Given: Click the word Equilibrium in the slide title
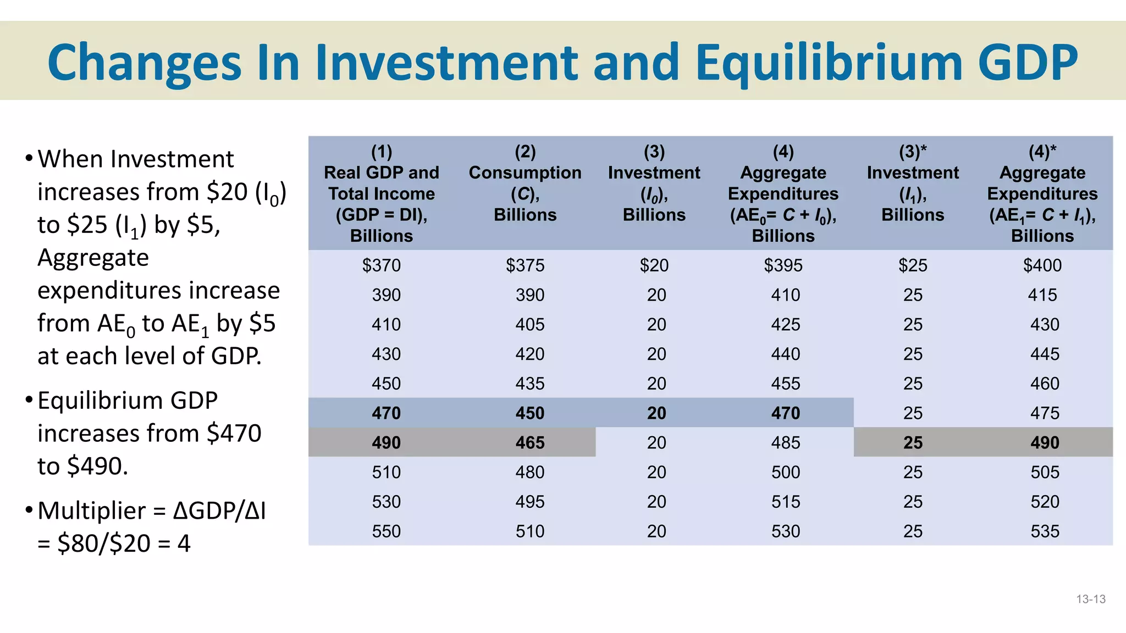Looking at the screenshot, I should coord(829,63).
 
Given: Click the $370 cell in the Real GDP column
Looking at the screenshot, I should coord(381,265).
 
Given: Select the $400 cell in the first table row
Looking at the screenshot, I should coord(1042,265).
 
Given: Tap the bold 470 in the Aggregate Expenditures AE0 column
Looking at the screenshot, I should coord(785,413).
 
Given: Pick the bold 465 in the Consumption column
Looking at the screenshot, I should coord(529,443).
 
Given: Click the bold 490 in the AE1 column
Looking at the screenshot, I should coord(1045,443).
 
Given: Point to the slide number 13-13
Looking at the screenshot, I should coord(1090,599).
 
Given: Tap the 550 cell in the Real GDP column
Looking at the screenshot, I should coord(386,531).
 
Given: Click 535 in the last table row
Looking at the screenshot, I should coord(1045,531).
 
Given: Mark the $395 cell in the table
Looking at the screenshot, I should coord(783,265).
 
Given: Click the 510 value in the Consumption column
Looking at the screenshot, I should coord(529,531).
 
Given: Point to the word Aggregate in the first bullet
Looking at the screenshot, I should coord(93,258).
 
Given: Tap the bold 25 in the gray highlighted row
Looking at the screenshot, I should coord(913,443).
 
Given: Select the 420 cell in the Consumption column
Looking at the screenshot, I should coord(529,354).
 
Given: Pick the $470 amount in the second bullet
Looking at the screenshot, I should coord(234,434).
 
